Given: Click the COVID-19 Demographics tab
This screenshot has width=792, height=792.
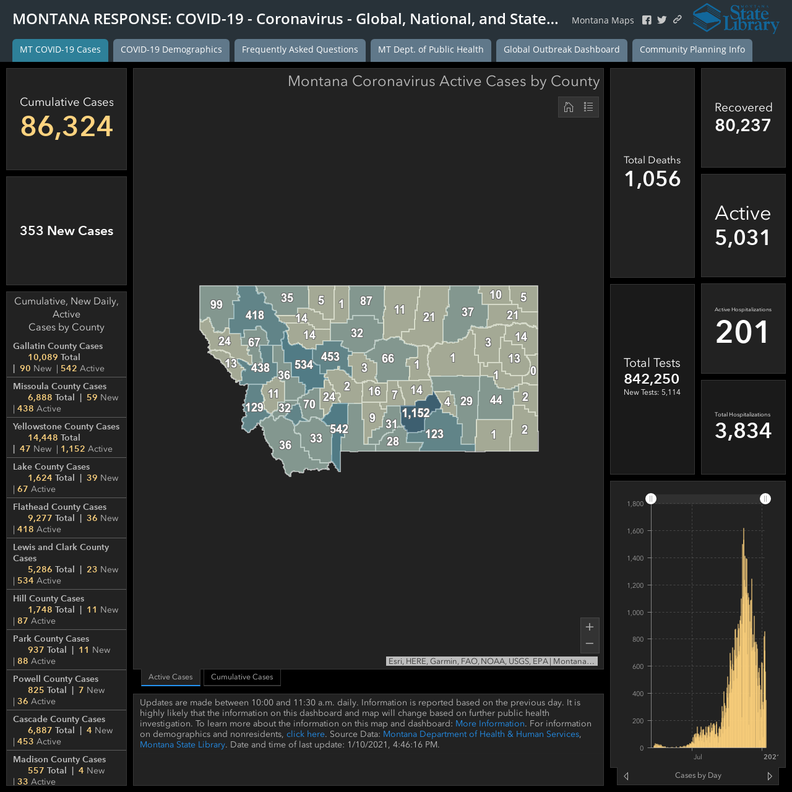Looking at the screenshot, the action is [171, 49].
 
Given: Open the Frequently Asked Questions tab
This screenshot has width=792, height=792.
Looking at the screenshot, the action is [299, 49].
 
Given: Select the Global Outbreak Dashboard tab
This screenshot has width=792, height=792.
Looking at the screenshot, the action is [561, 49].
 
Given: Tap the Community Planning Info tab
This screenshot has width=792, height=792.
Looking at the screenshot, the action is [692, 49].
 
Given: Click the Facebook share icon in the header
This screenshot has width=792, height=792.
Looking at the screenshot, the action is [647, 20].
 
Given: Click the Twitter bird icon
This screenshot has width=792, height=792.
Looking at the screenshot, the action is [661, 20].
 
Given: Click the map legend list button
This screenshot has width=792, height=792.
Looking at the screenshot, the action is [588, 107].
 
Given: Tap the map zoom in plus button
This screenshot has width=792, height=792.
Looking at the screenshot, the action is [590, 627].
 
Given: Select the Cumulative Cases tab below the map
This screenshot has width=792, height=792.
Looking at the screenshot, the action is [242, 677].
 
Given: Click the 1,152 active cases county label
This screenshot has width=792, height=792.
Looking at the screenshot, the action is [416, 413].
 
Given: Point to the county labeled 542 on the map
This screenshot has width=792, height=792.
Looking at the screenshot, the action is [339, 429].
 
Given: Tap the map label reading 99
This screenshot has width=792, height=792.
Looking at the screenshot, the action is [216, 304].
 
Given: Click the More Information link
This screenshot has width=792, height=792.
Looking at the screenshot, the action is [489, 723].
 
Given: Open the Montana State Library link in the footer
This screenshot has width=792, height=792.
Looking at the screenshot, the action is [182, 744].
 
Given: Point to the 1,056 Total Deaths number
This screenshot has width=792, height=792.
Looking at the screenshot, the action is [652, 179].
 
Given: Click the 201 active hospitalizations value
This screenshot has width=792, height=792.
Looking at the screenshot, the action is [742, 332].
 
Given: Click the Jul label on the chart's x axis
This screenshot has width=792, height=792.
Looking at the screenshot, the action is [697, 757].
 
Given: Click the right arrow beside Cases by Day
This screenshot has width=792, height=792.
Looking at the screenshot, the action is [769, 775].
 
